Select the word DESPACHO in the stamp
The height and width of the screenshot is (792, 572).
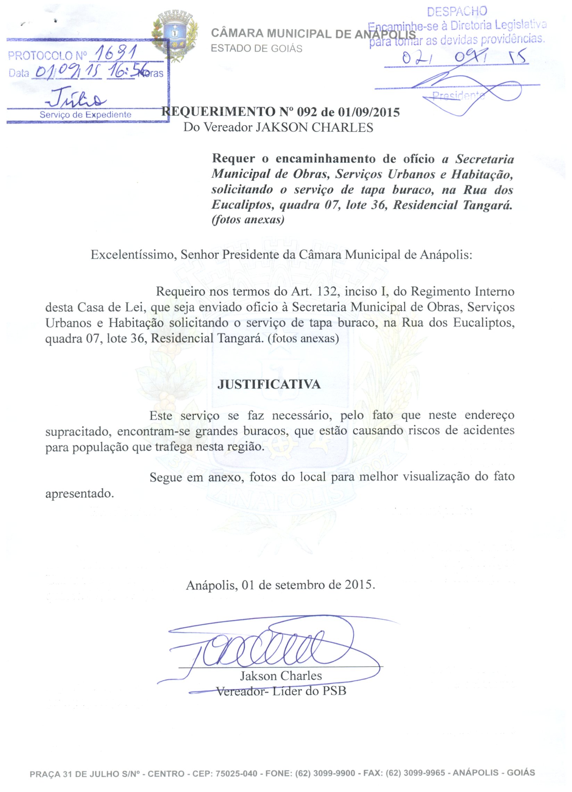click(457, 11)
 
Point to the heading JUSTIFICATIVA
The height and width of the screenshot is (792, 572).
click(269, 384)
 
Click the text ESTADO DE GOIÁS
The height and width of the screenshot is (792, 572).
click(257, 49)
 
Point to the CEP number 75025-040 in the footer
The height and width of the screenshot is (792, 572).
click(237, 773)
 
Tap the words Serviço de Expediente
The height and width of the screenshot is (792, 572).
click(85, 114)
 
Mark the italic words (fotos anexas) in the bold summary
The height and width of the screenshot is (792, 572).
click(248, 220)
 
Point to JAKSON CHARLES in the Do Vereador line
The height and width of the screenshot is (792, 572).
click(314, 127)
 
